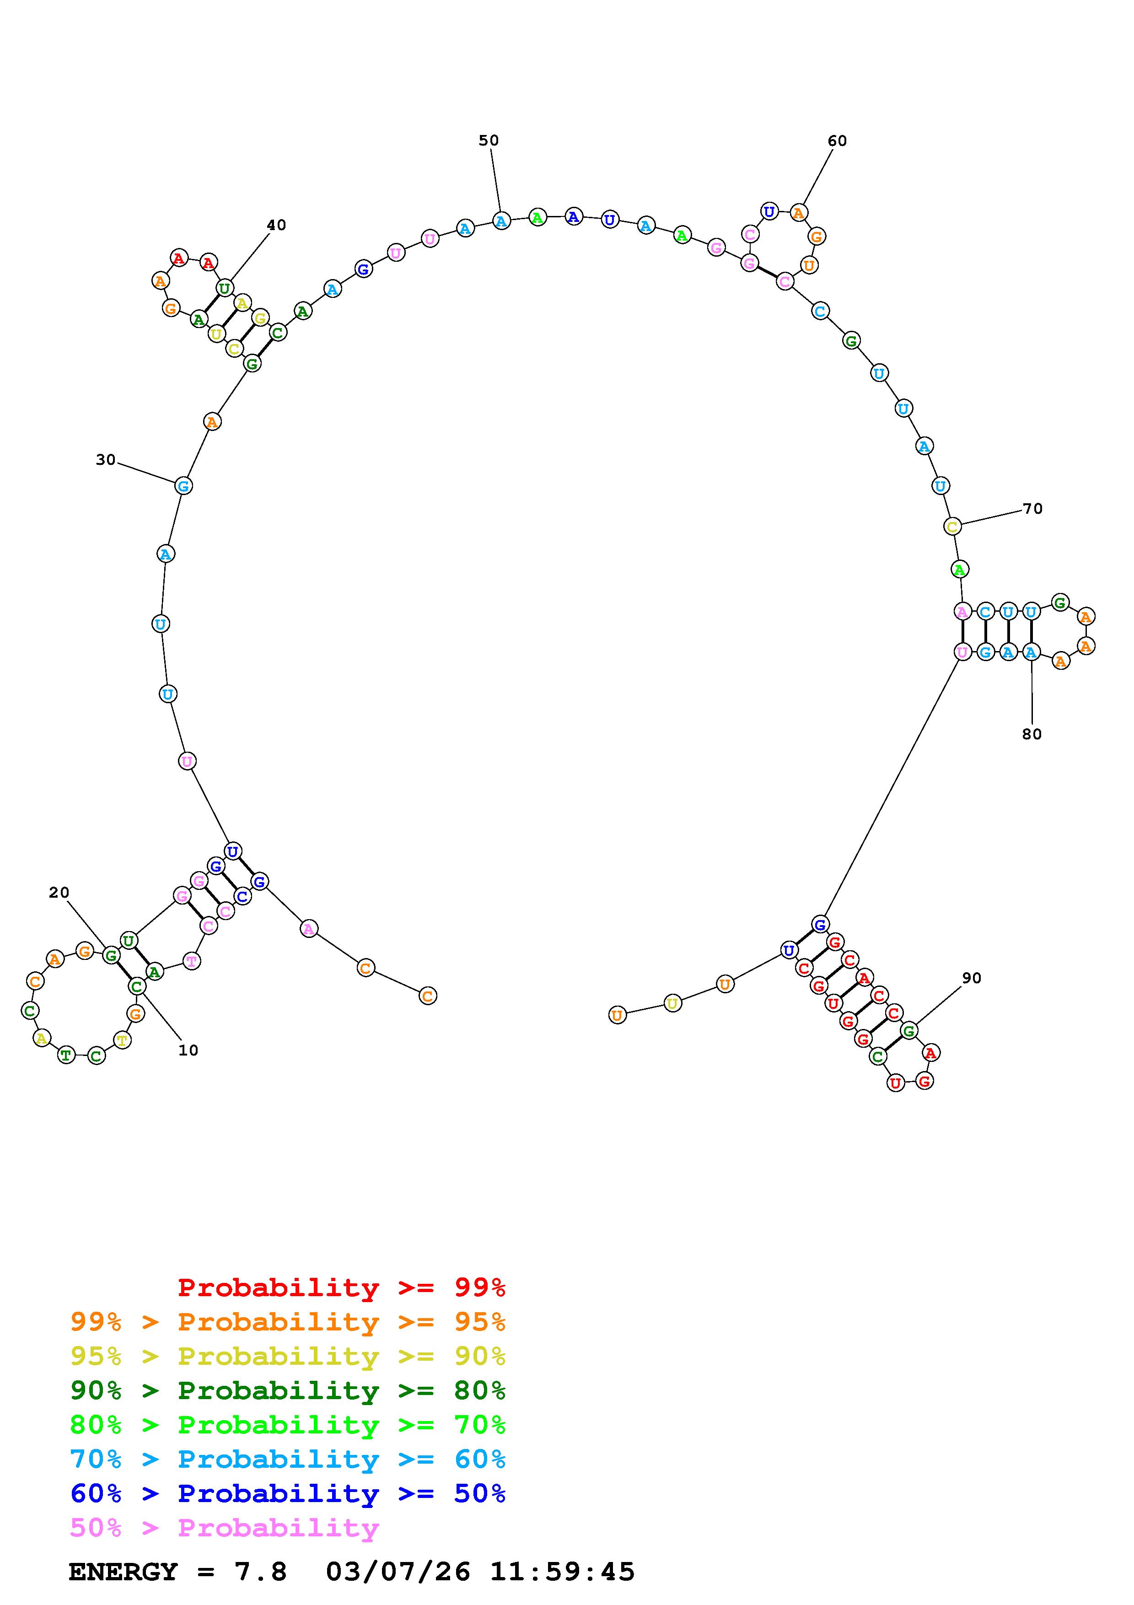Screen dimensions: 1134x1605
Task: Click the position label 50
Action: pyautogui.click(x=489, y=140)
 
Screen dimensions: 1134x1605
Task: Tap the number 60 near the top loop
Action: pyautogui.click(x=837, y=141)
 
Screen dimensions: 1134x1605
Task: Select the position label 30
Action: pyautogui.click(x=106, y=460)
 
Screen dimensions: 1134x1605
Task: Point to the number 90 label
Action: pyautogui.click(x=972, y=979)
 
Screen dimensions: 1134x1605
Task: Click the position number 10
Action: pyautogui.click(x=188, y=1050)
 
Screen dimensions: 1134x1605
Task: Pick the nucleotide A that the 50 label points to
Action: pyautogui.click(x=501, y=221)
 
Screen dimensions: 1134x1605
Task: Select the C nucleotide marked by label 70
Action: pyautogui.click(x=952, y=526)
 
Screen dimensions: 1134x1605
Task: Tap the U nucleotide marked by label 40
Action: pyautogui.click(x=224, y=287)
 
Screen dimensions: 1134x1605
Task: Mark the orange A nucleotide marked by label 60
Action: pyautogui.click(x=799, y=212)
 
